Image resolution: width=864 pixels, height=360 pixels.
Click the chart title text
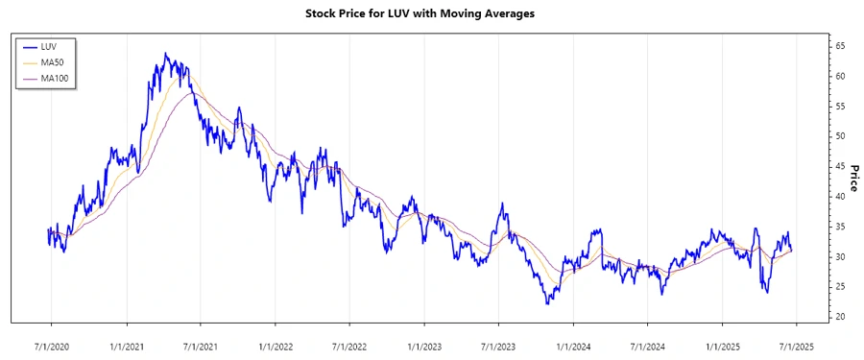(432, 14)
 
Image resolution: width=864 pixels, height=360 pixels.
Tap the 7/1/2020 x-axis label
(51, 344)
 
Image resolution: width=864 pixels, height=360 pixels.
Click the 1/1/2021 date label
(127, 344)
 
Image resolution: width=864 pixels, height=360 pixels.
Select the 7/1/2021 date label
(200, 344)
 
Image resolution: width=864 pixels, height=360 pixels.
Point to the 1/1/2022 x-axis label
(276, 344)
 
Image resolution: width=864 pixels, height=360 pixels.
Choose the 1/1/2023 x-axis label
(424, 344)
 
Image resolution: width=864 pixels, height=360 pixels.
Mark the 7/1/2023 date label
(498, 344)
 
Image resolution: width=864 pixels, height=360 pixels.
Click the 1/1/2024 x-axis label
(573, 344)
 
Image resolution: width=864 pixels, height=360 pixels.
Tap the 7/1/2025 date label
(796, 344)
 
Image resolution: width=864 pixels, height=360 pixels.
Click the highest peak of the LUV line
(165, 54)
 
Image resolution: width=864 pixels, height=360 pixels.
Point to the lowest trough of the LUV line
(546, 303)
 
